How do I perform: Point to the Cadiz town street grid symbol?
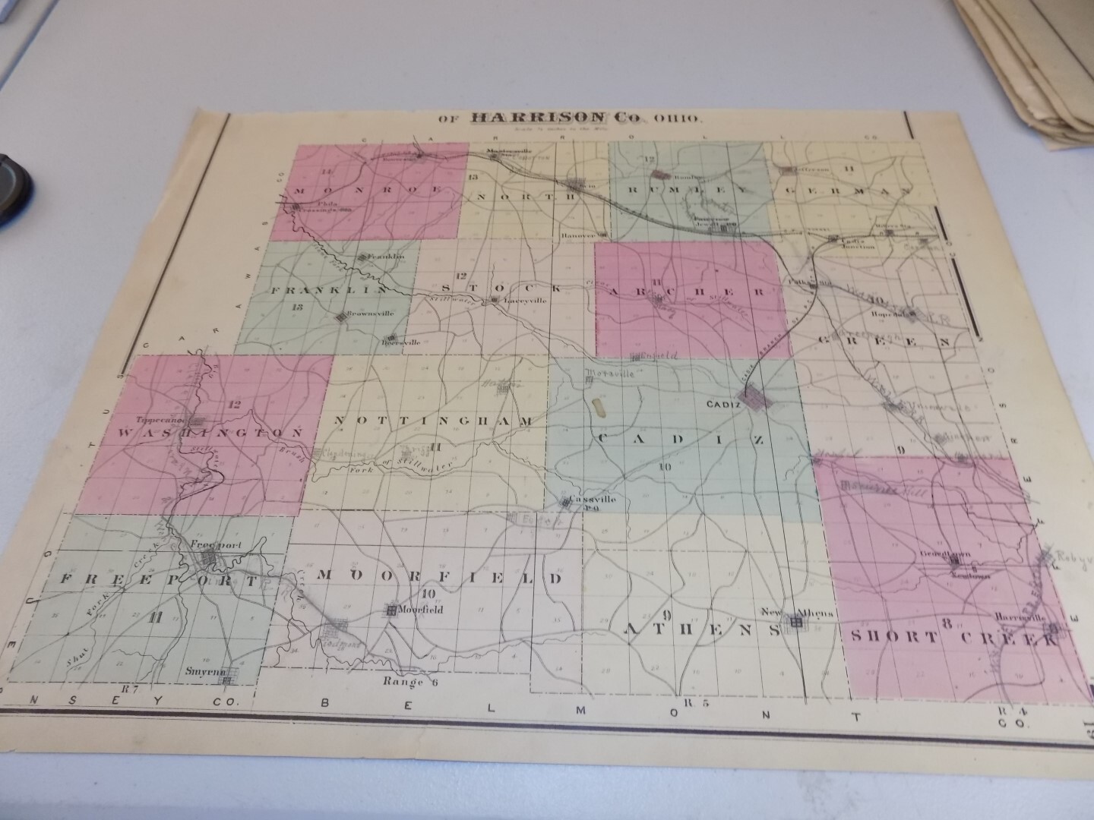757,398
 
